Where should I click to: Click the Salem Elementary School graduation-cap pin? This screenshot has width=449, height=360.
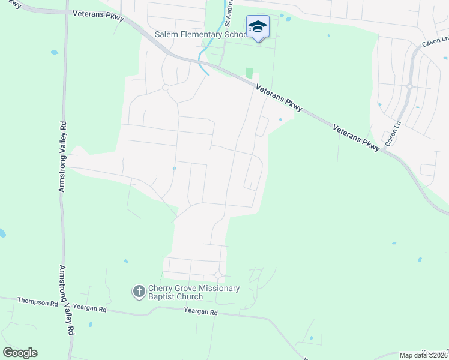[x=258, y=27]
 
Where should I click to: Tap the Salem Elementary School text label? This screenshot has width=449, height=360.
[x=200, y=35]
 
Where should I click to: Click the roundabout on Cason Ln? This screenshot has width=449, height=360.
[x=409, y=86]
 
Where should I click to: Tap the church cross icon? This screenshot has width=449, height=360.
[x=139, y=292]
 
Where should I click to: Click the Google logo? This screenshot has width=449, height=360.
[x=20, y=352]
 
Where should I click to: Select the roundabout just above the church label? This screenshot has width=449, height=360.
[x=218, y=275]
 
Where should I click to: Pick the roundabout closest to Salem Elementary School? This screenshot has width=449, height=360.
[x=165, y=88]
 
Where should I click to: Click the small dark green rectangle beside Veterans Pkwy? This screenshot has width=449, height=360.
[x=249, y=73]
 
